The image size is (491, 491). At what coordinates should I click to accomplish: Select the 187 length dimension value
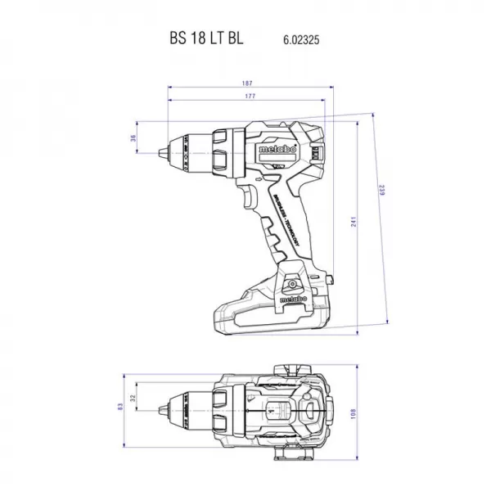tap(246, 83)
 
